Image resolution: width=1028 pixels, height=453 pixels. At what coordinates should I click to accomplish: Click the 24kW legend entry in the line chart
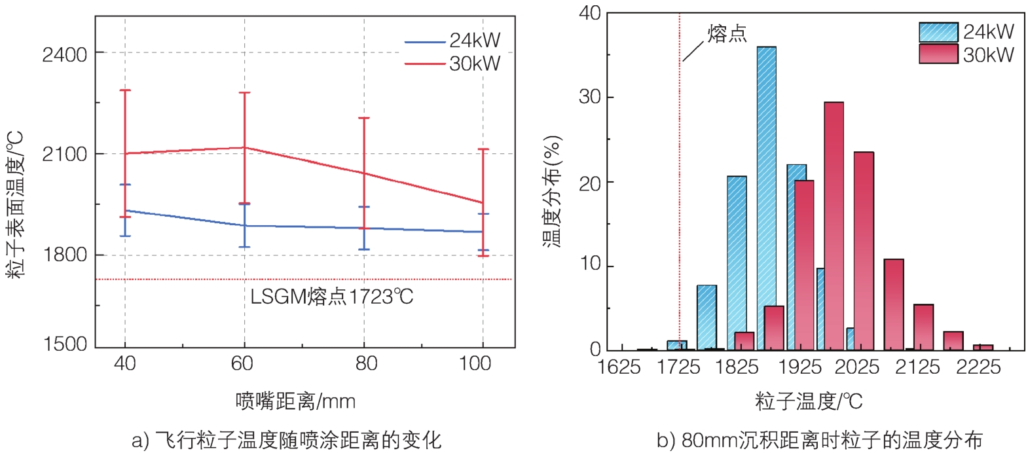(452, 41)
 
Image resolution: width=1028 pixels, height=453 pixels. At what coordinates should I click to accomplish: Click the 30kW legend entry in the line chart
(452, 63)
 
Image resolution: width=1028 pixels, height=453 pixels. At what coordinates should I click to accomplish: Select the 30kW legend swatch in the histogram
(938, 54)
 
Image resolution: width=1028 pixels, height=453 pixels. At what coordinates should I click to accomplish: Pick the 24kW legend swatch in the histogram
(938, 31)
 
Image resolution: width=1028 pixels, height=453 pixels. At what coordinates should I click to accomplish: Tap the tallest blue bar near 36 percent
(766, 196)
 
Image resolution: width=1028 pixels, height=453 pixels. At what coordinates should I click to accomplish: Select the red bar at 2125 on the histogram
(893, 304)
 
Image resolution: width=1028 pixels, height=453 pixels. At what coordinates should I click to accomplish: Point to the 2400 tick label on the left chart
(64, 54)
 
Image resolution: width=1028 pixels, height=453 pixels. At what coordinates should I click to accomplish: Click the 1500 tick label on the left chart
(64, 344)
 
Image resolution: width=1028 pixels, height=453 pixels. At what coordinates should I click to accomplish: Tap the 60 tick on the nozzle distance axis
(243, 363)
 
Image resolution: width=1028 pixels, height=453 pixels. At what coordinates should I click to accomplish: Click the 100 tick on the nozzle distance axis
(475, 363)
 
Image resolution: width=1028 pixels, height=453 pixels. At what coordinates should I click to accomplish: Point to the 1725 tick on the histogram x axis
(678, 367)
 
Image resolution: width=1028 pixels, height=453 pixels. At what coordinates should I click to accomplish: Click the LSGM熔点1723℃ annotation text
(332, 297)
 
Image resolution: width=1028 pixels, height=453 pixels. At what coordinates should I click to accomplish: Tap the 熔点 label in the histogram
(727, 33)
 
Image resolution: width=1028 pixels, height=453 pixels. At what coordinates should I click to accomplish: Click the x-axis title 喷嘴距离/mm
(295, 401)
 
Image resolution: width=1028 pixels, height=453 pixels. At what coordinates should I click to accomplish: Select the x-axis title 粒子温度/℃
(809, 401)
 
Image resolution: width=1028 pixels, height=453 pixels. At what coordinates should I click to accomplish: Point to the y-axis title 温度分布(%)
(553, 191)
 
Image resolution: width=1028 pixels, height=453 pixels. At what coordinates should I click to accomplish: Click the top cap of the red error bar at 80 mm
(363, 118)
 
